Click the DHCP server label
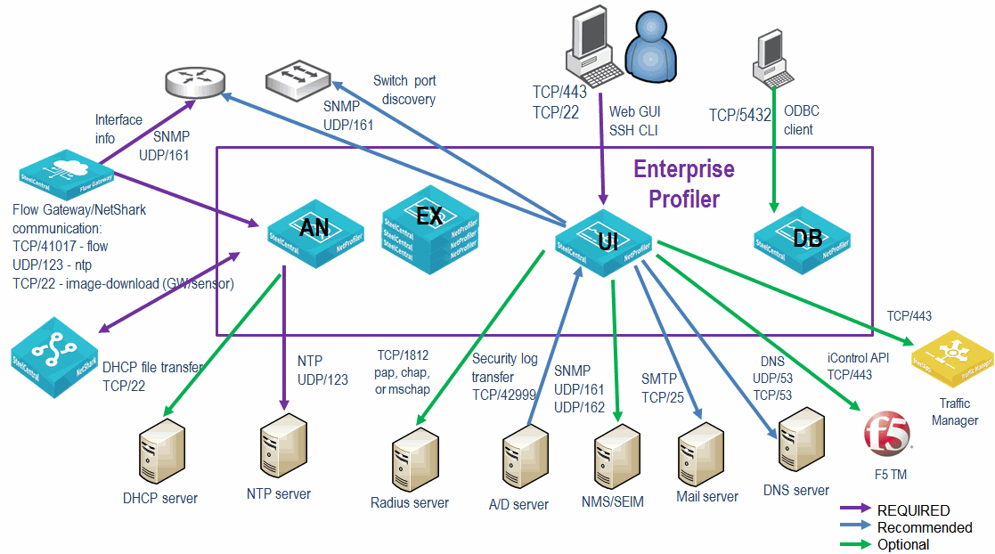pyautogui.click(x=160, y=498)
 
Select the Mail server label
pyautogui.click(x=707, y=496)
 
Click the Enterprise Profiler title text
pyautogui.click(x=683, y=183)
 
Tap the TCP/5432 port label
pyautogui.click(x=739, y=115)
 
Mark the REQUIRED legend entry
pyautogui.click(x=913, y=510)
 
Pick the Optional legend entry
pyautogui.click(x=903, y=544)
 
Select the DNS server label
pyautogui.click(x=796, y=490)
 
